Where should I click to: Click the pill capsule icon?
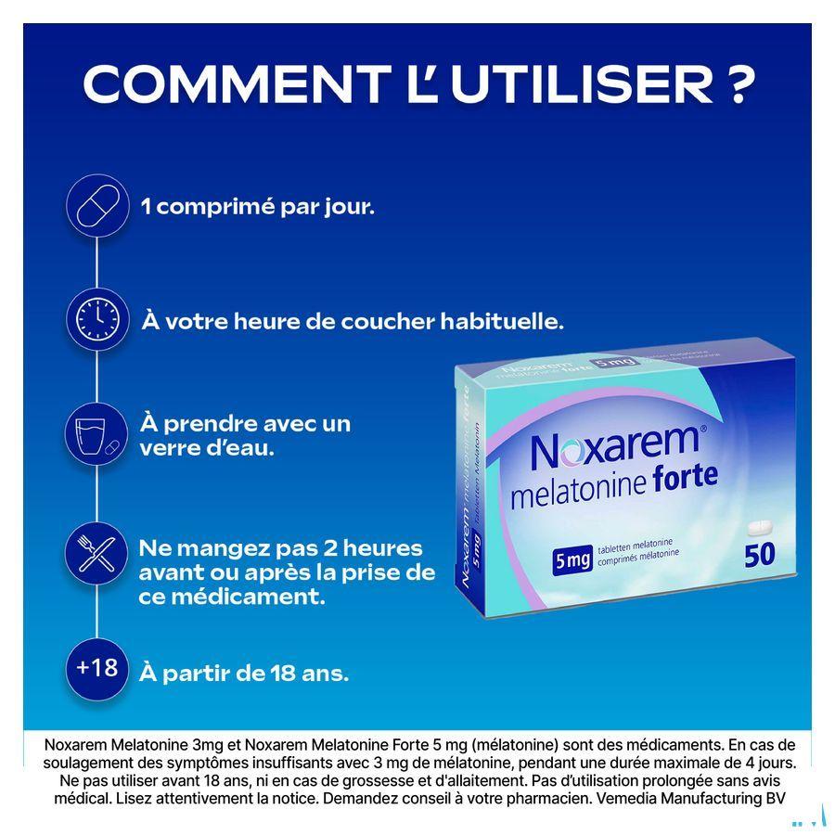[x=96, y=207]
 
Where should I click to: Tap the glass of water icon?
[x=96, y=434]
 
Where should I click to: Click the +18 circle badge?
[x=96, y=668]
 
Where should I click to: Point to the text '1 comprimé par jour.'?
[x=257, y=207]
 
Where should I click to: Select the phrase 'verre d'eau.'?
[x=206, y=448]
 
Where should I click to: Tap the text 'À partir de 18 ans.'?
[x=243, y=673]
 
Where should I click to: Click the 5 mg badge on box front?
[x=572, y=560]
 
